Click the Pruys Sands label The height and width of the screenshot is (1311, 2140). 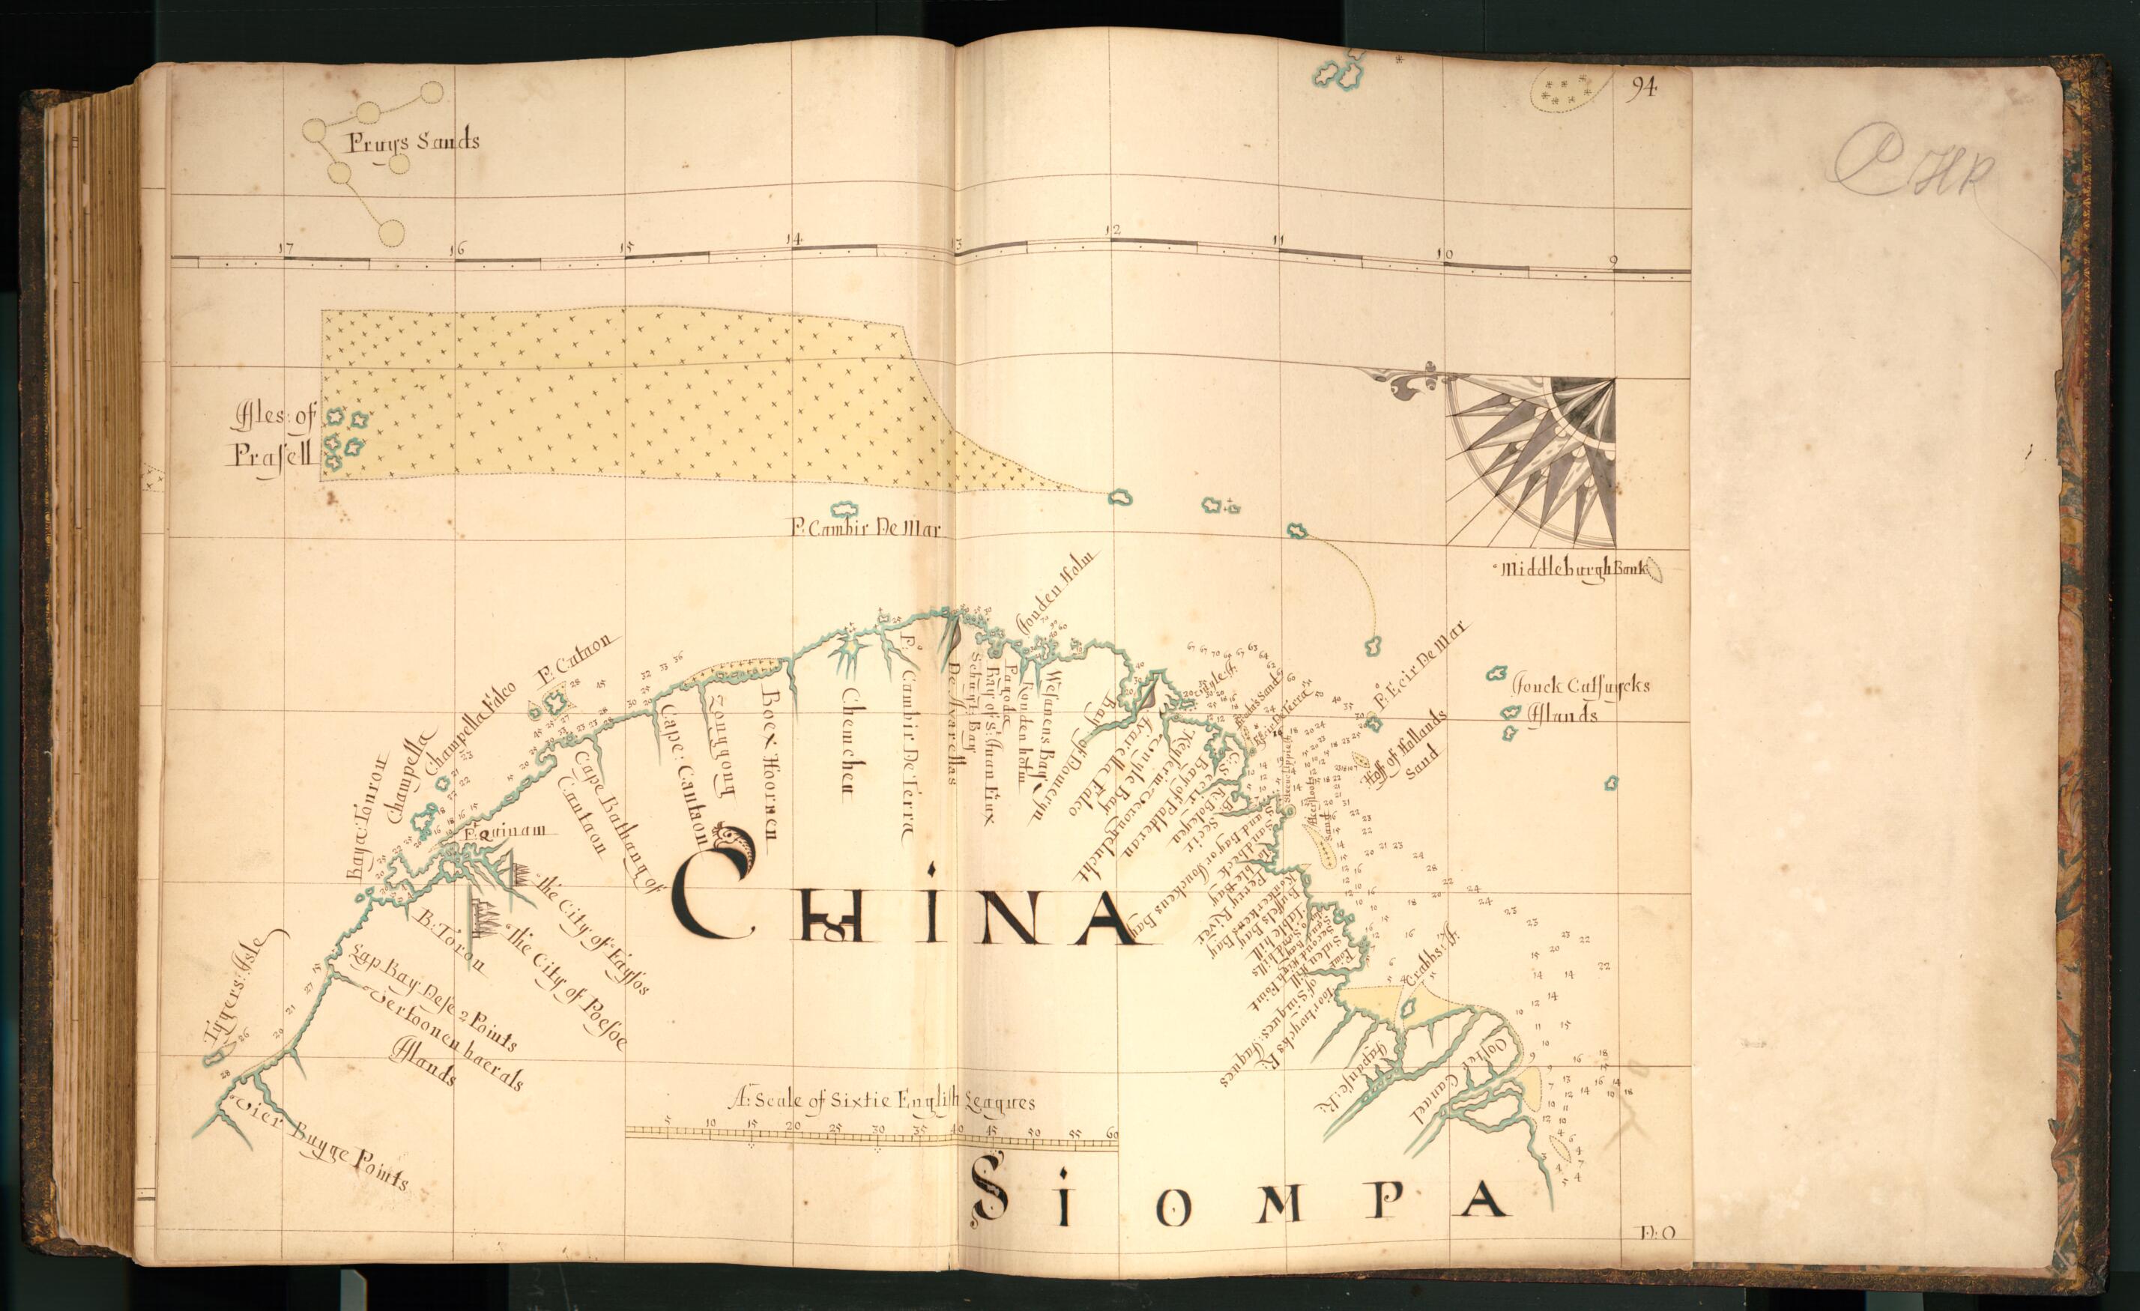(413, 142)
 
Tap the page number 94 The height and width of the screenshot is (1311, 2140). (1642, 87)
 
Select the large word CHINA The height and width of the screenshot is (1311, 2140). (903, 907)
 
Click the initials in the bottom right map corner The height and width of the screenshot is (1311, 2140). (1658, 1233)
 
